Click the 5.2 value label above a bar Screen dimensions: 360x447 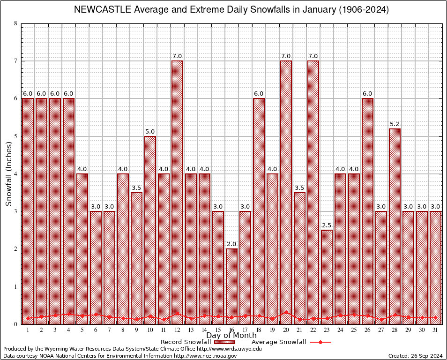pos(395,124)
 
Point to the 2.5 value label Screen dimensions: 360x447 pos(327,225)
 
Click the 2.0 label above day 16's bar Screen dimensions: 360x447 pos(231,244)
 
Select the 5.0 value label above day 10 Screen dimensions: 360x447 pos(150,132)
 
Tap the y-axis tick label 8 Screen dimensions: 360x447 pos(15,23)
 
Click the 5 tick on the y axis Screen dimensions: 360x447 pos(15,136)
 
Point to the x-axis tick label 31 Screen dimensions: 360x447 pos(435,330)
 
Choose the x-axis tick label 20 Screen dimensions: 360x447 pos(286,330)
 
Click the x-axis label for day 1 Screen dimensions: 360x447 pos(28,330)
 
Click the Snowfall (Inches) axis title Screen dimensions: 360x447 pos(9,174)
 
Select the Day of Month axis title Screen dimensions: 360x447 pos(231,335)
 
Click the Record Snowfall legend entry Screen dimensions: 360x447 pos(197,342)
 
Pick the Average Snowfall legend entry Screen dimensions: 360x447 pos(291,342)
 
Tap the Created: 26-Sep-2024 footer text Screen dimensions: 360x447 pos(416,356)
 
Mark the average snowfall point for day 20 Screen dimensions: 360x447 pos(286,312)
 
